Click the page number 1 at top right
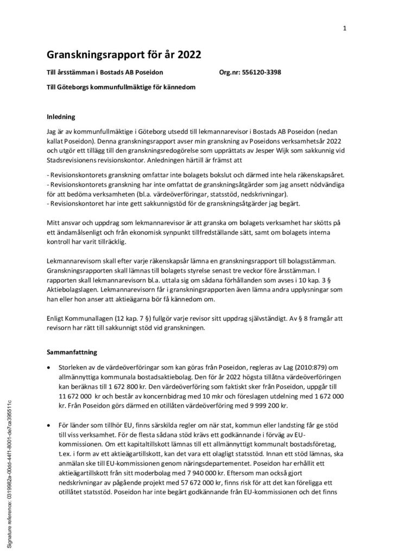345,28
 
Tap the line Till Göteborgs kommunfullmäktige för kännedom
121,87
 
